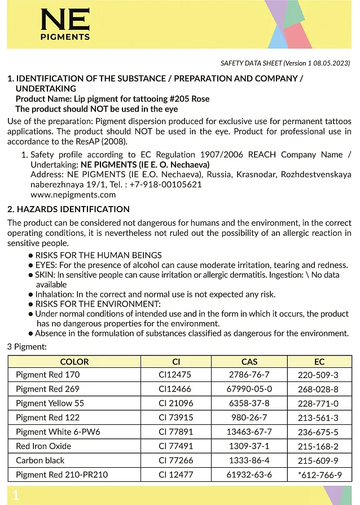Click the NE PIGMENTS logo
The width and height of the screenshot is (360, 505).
pos(65,25)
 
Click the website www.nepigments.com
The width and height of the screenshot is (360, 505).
pos(73,195)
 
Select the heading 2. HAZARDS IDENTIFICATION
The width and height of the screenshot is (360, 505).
pos(68,209)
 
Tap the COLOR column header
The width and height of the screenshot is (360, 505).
pos(74,362)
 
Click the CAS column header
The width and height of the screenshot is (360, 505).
pos(249,362)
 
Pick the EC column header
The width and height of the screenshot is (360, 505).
pos(319,362)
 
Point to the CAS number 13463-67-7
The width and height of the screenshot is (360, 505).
pos(249,432)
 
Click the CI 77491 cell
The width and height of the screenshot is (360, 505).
pos(175,446)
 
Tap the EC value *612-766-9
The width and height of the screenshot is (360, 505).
pos(319,475)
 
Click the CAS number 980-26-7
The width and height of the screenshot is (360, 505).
pos(249,418)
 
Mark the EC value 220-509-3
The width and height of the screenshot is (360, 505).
pos(319,375)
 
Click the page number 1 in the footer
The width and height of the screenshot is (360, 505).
pos(15,495)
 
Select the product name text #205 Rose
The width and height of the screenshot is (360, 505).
pos(191,99)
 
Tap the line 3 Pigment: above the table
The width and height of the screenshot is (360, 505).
pos(27,346)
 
